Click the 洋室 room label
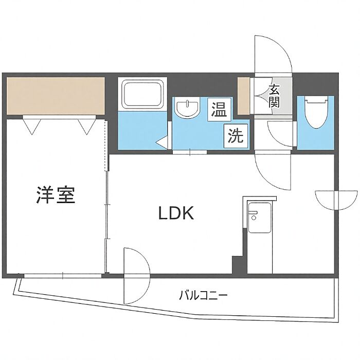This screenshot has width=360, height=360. click(x=56, y=195)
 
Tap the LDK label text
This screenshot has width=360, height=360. click(x=175, y=213)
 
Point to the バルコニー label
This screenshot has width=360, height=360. click(x=203, y=296)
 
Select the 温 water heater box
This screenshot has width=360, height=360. click(x=220, y=110)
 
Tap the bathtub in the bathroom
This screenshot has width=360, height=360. click(x=141, y=94)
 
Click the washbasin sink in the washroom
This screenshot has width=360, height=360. click(x=188, y=109)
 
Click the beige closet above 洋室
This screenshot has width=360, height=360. click(x=56, y=96)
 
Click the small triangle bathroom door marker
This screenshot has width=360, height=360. click(x=163, y=141)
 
